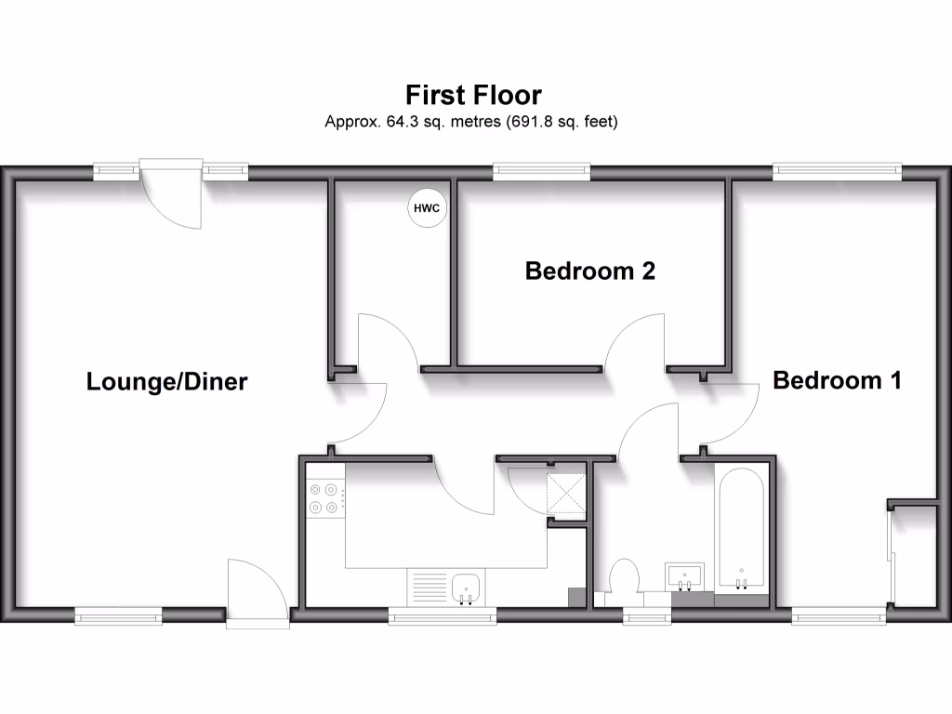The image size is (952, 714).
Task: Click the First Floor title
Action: [473, 95]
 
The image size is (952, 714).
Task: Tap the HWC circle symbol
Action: [428, 208]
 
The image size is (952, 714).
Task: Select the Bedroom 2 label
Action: [589, 271]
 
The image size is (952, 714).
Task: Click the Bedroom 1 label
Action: [837, 380]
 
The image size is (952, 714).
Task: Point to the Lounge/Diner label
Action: [166, 381]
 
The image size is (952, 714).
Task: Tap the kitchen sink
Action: [466, 588]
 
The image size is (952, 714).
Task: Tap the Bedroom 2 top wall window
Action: [541, 170]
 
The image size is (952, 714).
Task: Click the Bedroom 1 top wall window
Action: [837, 170]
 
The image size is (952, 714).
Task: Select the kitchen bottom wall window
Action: [442, 615]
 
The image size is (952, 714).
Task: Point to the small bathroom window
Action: [647, 615]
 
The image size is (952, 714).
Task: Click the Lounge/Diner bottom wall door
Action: [256, 595]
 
